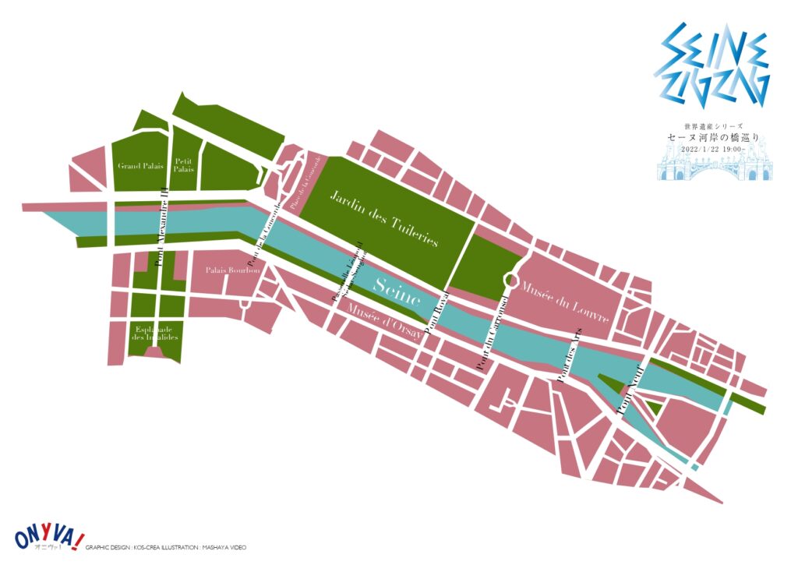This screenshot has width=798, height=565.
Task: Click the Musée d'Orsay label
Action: [384, 320]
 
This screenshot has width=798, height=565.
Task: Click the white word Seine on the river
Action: [397, 291]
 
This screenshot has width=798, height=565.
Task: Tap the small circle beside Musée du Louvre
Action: [511, 278]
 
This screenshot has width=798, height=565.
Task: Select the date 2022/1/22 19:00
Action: [713, 149]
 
